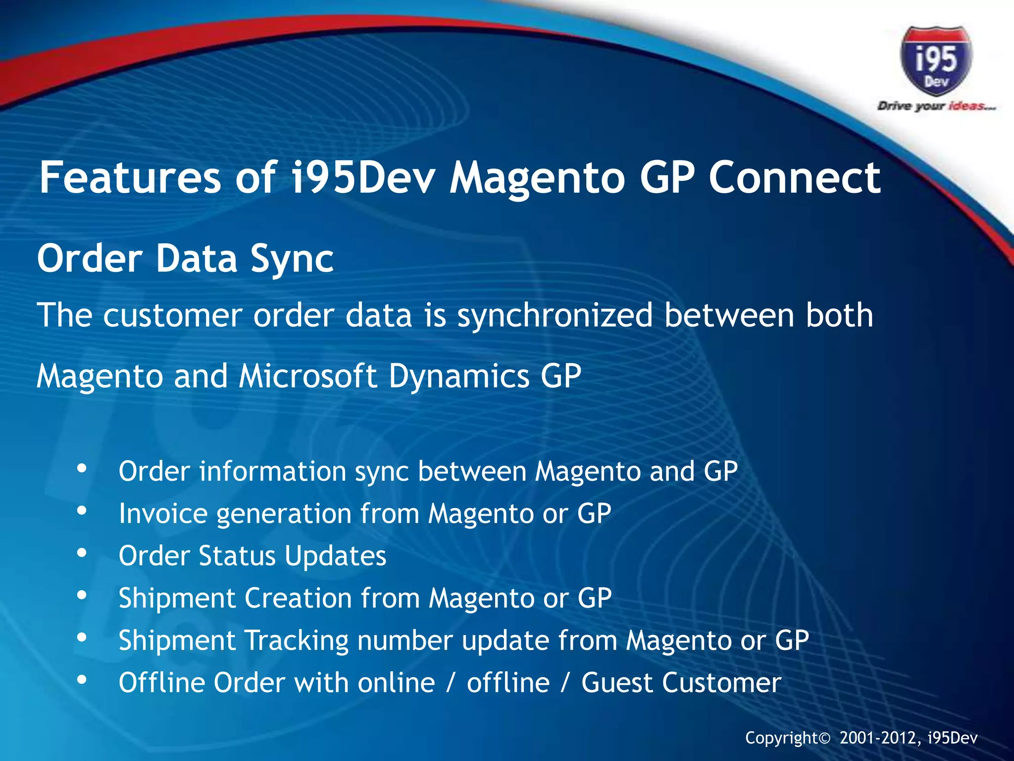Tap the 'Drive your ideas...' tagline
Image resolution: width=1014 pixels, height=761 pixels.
(936, 106)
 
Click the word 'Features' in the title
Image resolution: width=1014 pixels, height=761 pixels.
(130, 177)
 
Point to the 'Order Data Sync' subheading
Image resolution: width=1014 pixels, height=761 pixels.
(185, 259)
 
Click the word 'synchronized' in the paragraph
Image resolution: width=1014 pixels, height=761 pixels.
(555, 316)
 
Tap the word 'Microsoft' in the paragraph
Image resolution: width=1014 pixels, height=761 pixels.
(307, 376)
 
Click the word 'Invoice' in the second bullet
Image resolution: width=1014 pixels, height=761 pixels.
(163, 513)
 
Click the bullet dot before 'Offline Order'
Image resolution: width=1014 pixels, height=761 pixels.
(82, 680)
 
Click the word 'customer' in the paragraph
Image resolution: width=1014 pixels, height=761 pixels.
(173, 316)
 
